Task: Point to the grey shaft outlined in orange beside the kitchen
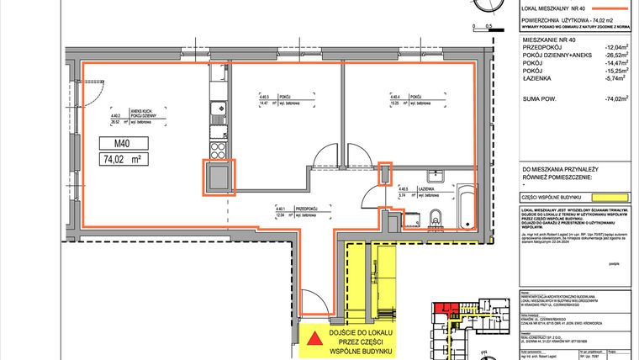pos(218,177)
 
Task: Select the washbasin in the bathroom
pos(436,177)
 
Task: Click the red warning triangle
pos(313,340)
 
